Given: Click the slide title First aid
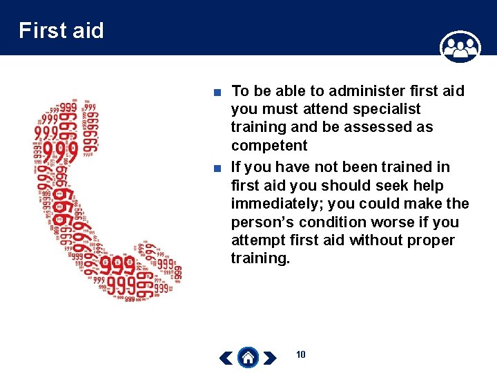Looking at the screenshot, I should click(61, 30).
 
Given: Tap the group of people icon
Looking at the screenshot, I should click(460, 47).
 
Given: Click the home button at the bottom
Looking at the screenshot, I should click(248, 357).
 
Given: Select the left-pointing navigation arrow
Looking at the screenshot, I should click(226, 358).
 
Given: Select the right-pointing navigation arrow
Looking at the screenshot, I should click(271, 358).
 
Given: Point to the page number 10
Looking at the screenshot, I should click(300, 354).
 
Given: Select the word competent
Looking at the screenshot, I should click(269, 146).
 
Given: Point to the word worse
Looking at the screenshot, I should click(406, 222).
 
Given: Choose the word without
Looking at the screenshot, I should click(382, 240).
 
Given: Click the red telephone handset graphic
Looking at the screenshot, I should click(97, 200).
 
